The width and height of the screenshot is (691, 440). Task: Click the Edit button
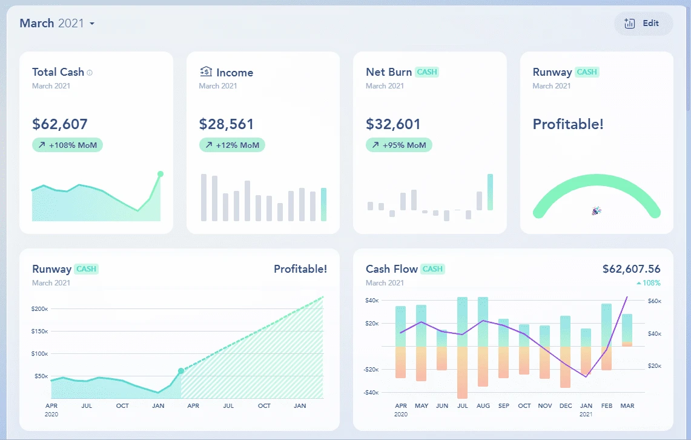coord(643,24)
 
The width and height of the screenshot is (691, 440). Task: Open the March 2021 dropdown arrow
coord(92,24)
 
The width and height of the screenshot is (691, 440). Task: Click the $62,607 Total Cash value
coord(60,124)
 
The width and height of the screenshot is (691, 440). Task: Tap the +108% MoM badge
coord(67,145)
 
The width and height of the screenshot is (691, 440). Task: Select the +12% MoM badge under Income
coord(232,145)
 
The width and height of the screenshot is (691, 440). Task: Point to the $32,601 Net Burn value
coord(393,124)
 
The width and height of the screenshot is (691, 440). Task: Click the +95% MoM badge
coord(398,145)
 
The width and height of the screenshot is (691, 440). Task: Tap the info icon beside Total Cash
coord(90,73)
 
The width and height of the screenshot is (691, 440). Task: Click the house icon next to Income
coord(206,72)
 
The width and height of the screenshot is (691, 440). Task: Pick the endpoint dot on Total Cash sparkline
coord(160,174)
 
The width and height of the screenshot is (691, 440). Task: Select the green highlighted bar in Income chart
coord(323,204)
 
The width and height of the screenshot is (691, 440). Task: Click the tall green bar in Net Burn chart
coord(490,192)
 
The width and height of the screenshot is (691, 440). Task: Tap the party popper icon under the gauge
coord(597,211)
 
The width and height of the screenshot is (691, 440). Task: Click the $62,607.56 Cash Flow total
coord(631,269)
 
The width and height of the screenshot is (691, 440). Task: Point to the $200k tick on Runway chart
coord(39,309)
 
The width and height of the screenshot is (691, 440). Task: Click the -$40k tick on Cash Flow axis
coord(372,393)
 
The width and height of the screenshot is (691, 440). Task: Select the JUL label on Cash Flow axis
coord(463,405)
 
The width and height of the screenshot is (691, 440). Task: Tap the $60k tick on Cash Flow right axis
coord(654,301)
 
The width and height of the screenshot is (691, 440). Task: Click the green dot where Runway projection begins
coord(181,371)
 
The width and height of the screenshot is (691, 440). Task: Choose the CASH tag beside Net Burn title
coord(427,72)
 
